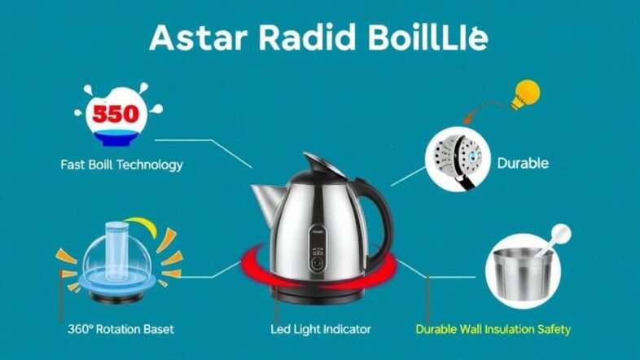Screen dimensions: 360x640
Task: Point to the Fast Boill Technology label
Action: [121, 165]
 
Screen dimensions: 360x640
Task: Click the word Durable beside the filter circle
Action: [522, 163]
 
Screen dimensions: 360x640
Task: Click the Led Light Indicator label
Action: [320, 329]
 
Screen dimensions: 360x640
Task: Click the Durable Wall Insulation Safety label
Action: [493, 329]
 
